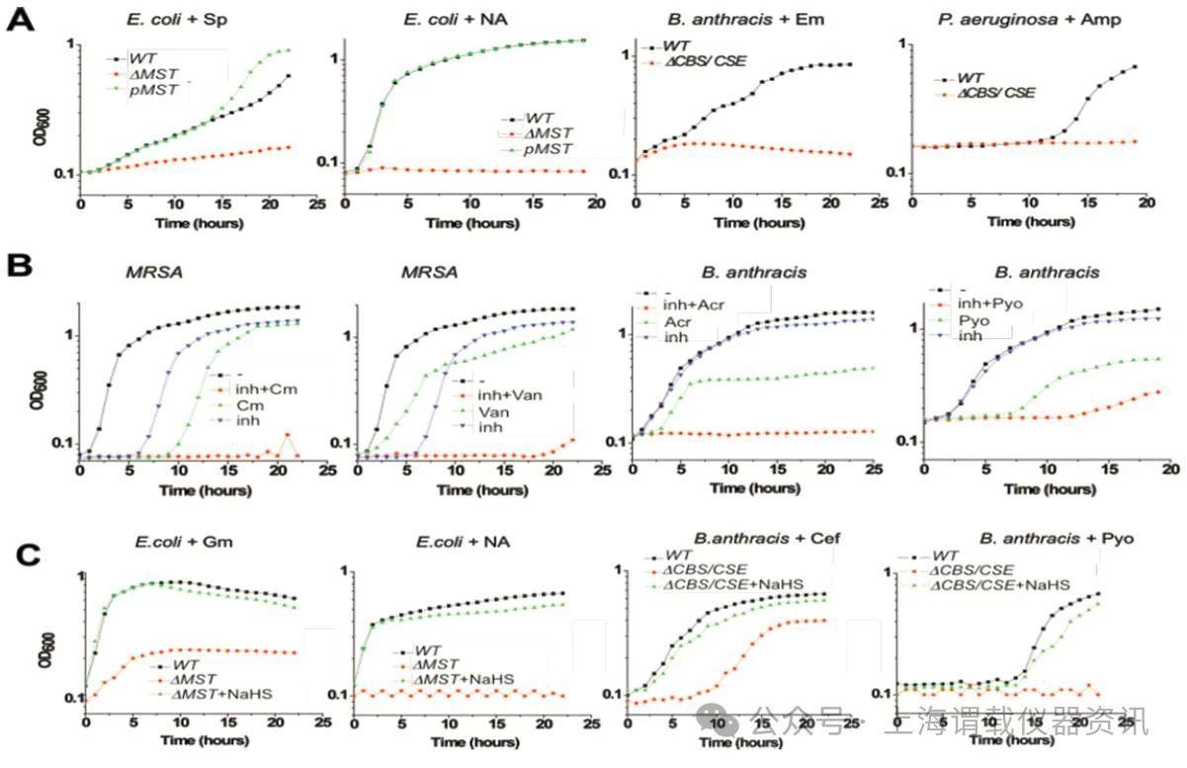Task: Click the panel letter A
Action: (x=22, y=21)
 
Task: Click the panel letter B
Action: (x=22, y=266)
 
